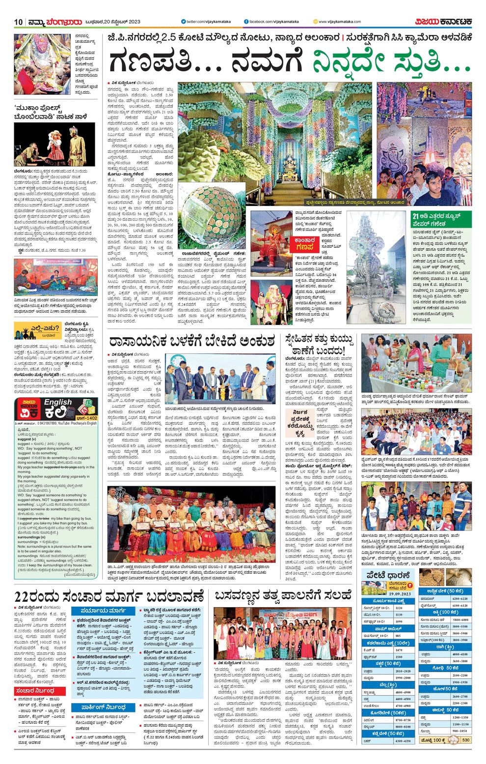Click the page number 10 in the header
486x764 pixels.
coord(19,22)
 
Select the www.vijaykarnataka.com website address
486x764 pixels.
coord(339,22)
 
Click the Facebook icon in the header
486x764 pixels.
coord(246,22)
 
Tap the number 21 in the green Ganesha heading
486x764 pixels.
coord(415,216)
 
